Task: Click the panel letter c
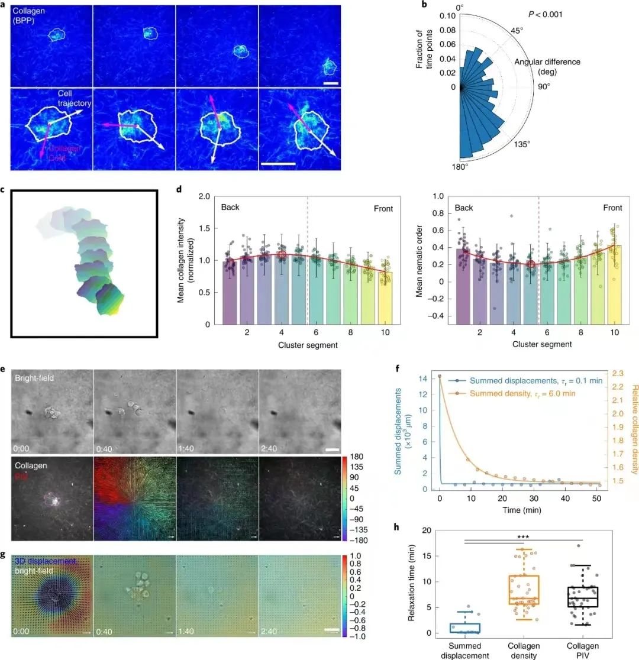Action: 4,189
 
